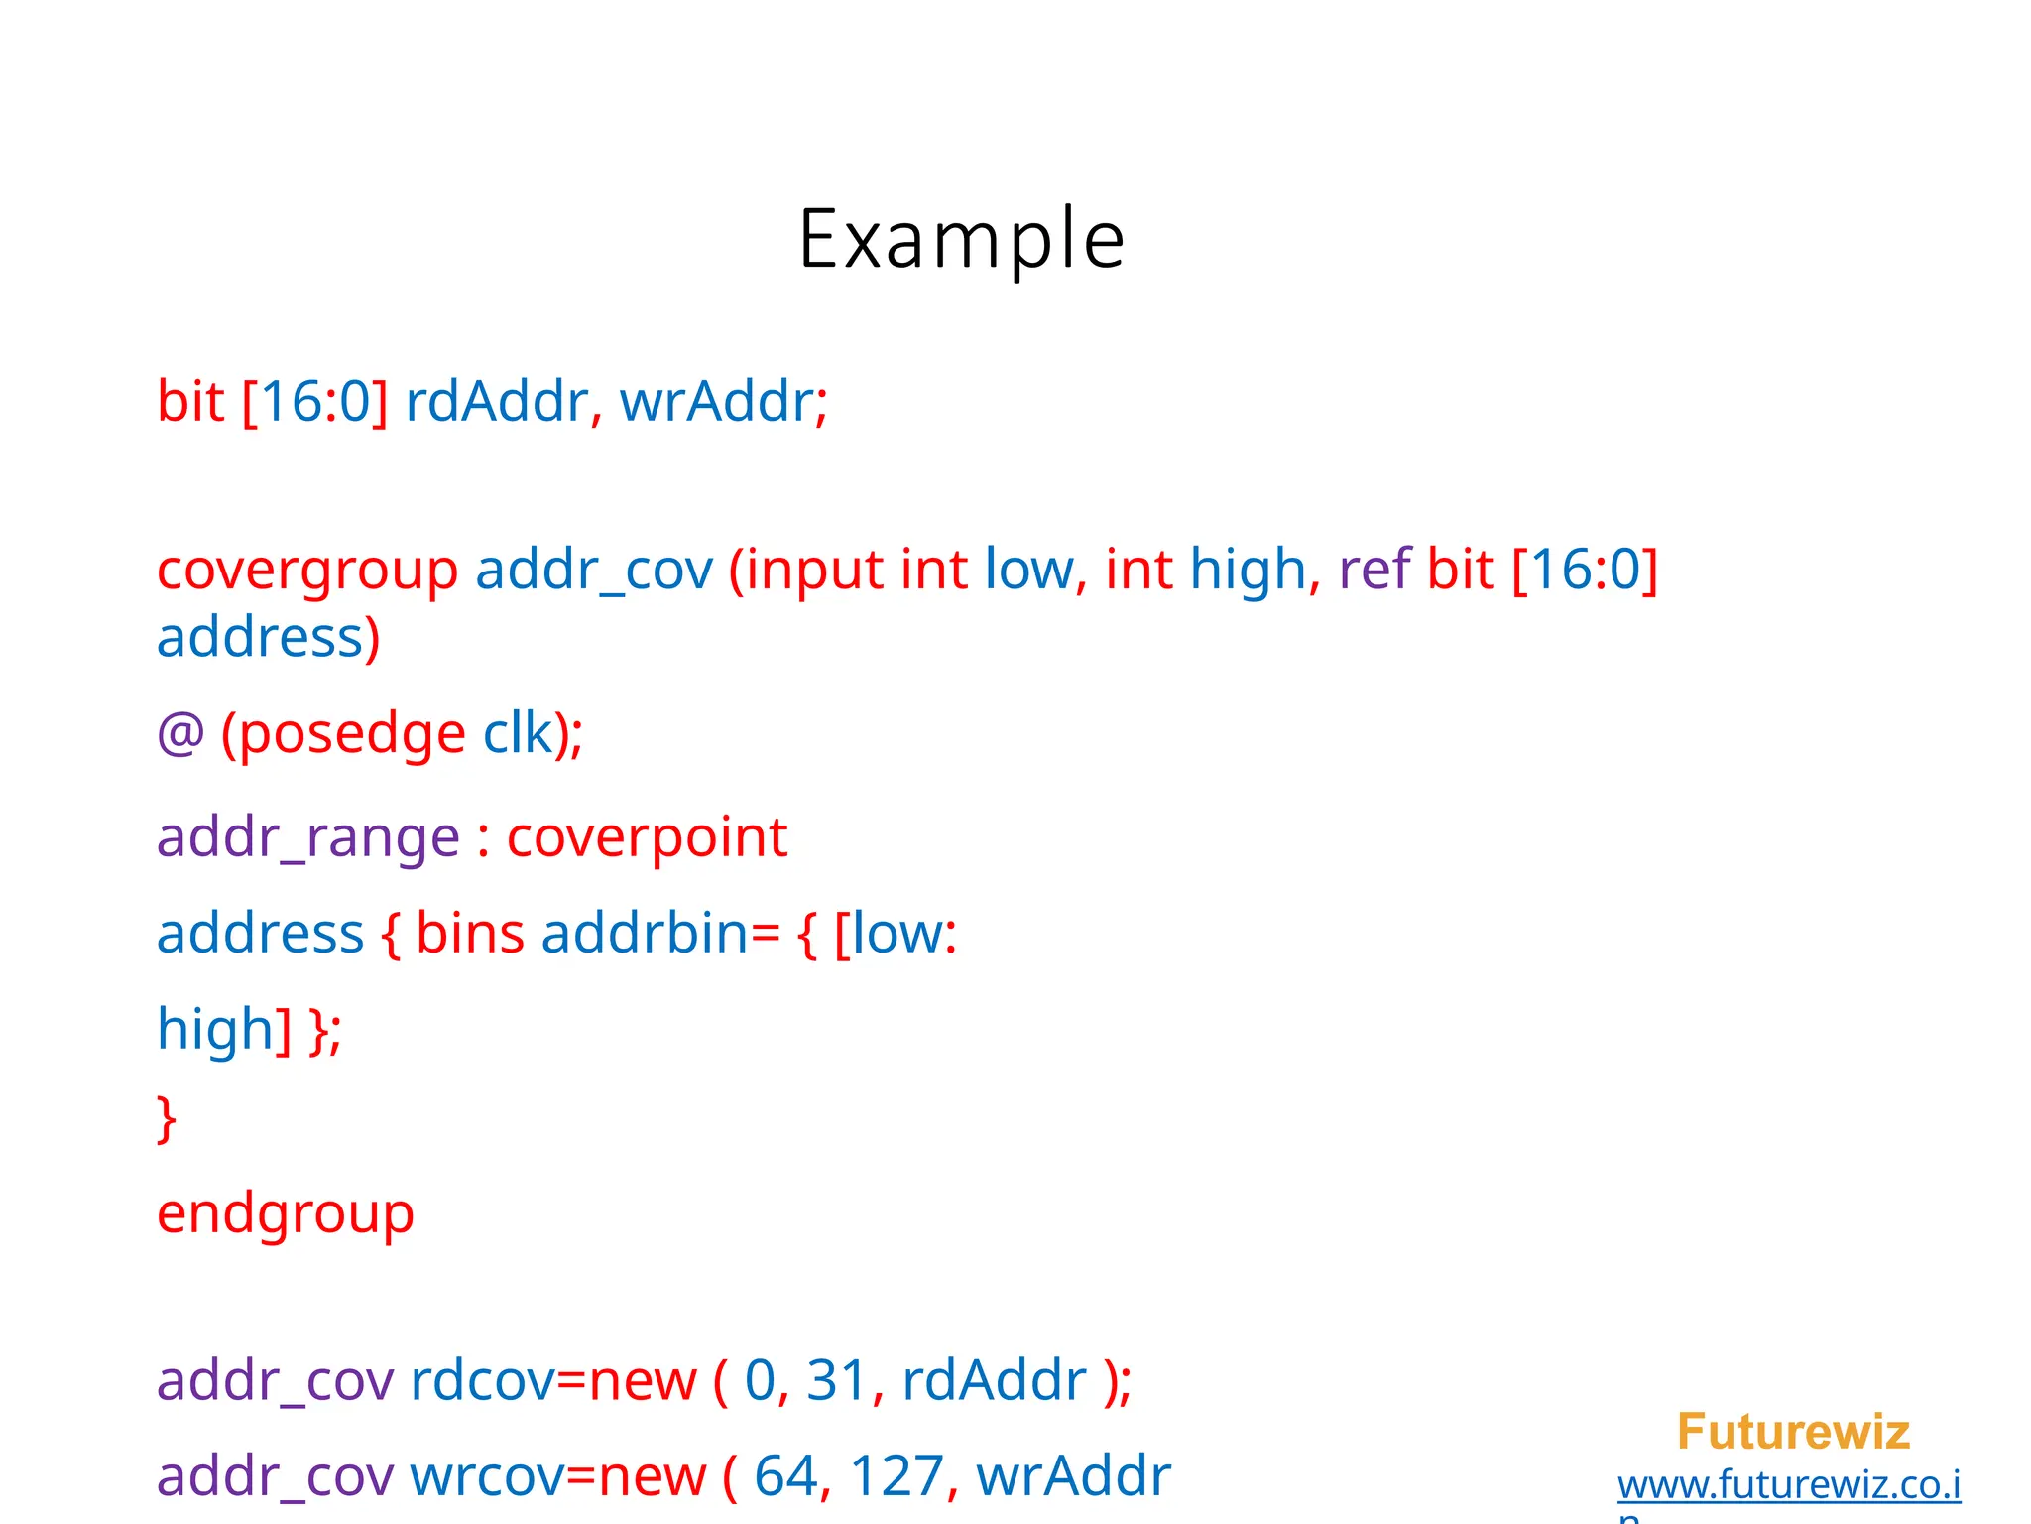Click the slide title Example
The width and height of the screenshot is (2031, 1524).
coord(961,239)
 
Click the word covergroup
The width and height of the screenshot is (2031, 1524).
coord(307,571)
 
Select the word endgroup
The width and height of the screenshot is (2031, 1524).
coord(286,1213)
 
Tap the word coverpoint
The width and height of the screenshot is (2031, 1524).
coord(647,837)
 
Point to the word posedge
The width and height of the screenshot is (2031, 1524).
coord(352,735)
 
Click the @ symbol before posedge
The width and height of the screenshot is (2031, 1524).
coord(180,735)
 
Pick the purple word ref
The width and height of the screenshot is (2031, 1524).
coord(1374,571)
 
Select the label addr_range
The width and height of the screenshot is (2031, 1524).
coord(307,837)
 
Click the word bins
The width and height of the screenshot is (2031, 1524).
coord(469,934)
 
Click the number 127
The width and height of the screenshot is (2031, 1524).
coord(896,1475)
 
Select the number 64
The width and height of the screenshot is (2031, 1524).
coord(785,1475)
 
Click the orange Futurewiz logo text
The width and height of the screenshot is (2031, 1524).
coord(1793,1432)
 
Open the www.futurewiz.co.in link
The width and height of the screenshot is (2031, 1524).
coord(1789,1485)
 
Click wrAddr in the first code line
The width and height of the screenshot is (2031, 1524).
coord(716,402)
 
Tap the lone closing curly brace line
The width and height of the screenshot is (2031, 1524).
coord(167,1119)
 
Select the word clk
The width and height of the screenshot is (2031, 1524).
coord(518,735)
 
